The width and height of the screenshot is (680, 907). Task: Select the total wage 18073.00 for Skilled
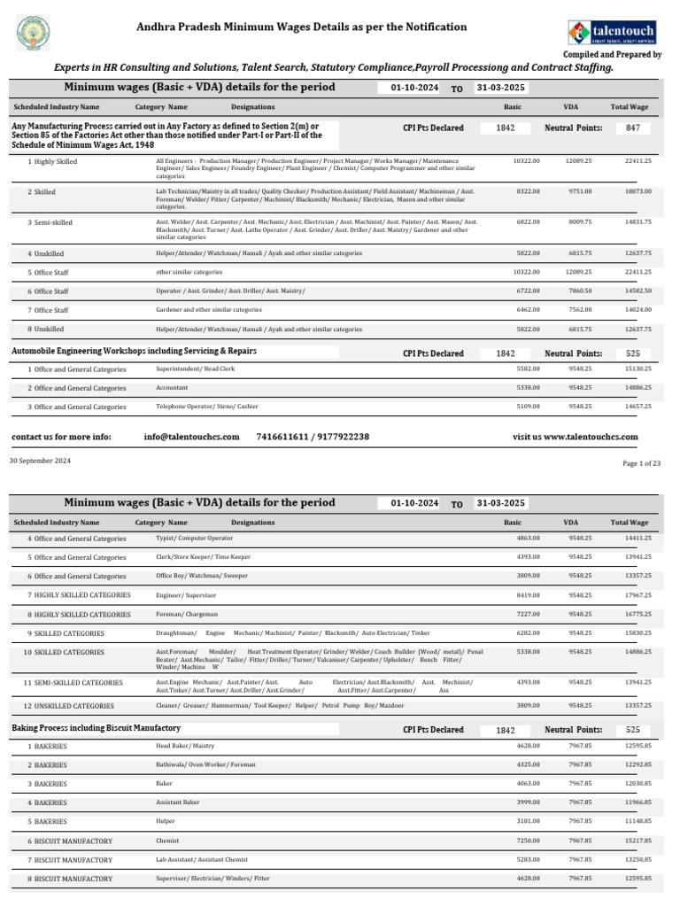(637, 191)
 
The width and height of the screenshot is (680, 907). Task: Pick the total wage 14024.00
(637, 310)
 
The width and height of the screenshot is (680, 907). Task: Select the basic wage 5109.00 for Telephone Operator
(526, 406)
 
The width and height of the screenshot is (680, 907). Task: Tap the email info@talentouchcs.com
(191, 438)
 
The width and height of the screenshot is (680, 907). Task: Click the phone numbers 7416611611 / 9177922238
(313, 438)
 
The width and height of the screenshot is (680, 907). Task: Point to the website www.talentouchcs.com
(576, 438)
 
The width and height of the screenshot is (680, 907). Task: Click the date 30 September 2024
(39, 461)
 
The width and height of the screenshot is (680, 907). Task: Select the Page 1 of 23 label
(643, 463)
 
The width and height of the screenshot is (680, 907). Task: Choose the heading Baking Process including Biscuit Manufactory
(97, 728)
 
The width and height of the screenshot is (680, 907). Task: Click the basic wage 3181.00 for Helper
(526, 822)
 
